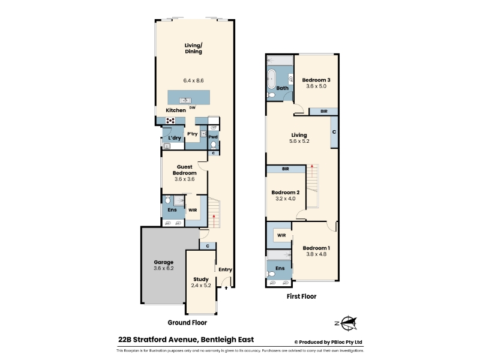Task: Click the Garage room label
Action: coord(163,262)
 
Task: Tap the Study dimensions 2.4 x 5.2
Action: coord(201,286)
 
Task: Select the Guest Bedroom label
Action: coord(185,170)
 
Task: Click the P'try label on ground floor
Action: coord(192,134)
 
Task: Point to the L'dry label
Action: coord(175,138)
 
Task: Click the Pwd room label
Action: coord(213,137)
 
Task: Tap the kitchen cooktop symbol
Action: coord(170,121)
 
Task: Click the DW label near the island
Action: coord(192,108)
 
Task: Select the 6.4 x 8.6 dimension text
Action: coord(193,80)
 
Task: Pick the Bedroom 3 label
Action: coord(316,80)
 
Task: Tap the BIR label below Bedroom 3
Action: coord(324,112)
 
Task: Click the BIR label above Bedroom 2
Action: coord(286,169)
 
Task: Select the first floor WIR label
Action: coord(281,235)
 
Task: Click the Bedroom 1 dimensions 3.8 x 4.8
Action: coord(316,254)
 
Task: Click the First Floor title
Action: coord(302,296)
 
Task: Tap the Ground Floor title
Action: coord(187,323)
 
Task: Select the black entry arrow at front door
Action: coord(226,288)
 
